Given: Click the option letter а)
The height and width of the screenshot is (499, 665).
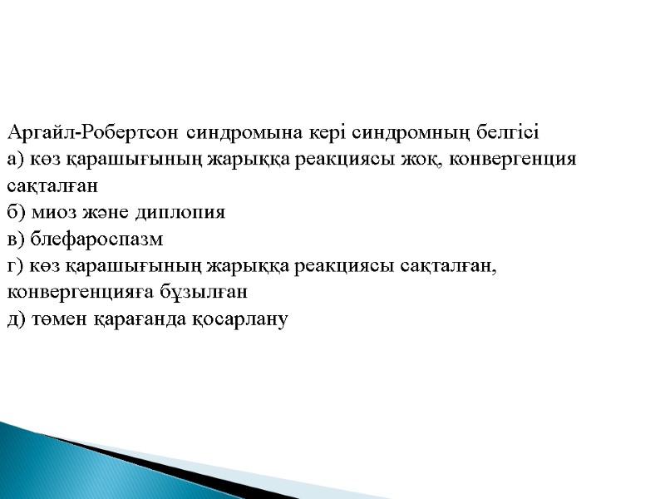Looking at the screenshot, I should pyautogui.click(x=16, y=160).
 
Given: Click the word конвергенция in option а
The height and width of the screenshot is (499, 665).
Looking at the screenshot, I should pyautogui.click(x=514, y=160).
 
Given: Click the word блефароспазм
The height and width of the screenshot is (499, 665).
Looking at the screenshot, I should pyautogui.click(x=97, y=240).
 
